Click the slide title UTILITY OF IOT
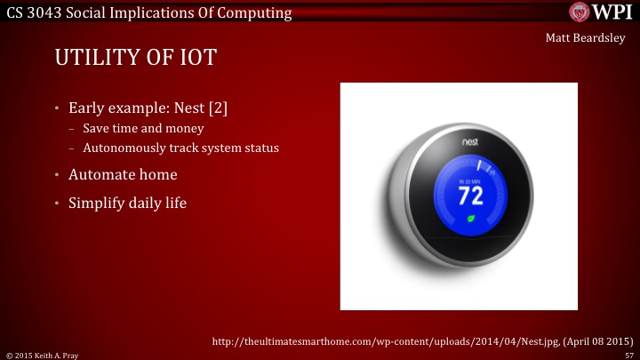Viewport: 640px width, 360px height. pos(136,59)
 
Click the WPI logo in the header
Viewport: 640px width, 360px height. pos(601,12)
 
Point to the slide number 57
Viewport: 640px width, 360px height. pos(629,354)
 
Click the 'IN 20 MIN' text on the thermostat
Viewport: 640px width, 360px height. pos(470,180)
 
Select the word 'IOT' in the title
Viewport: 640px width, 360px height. pos(198,59)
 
